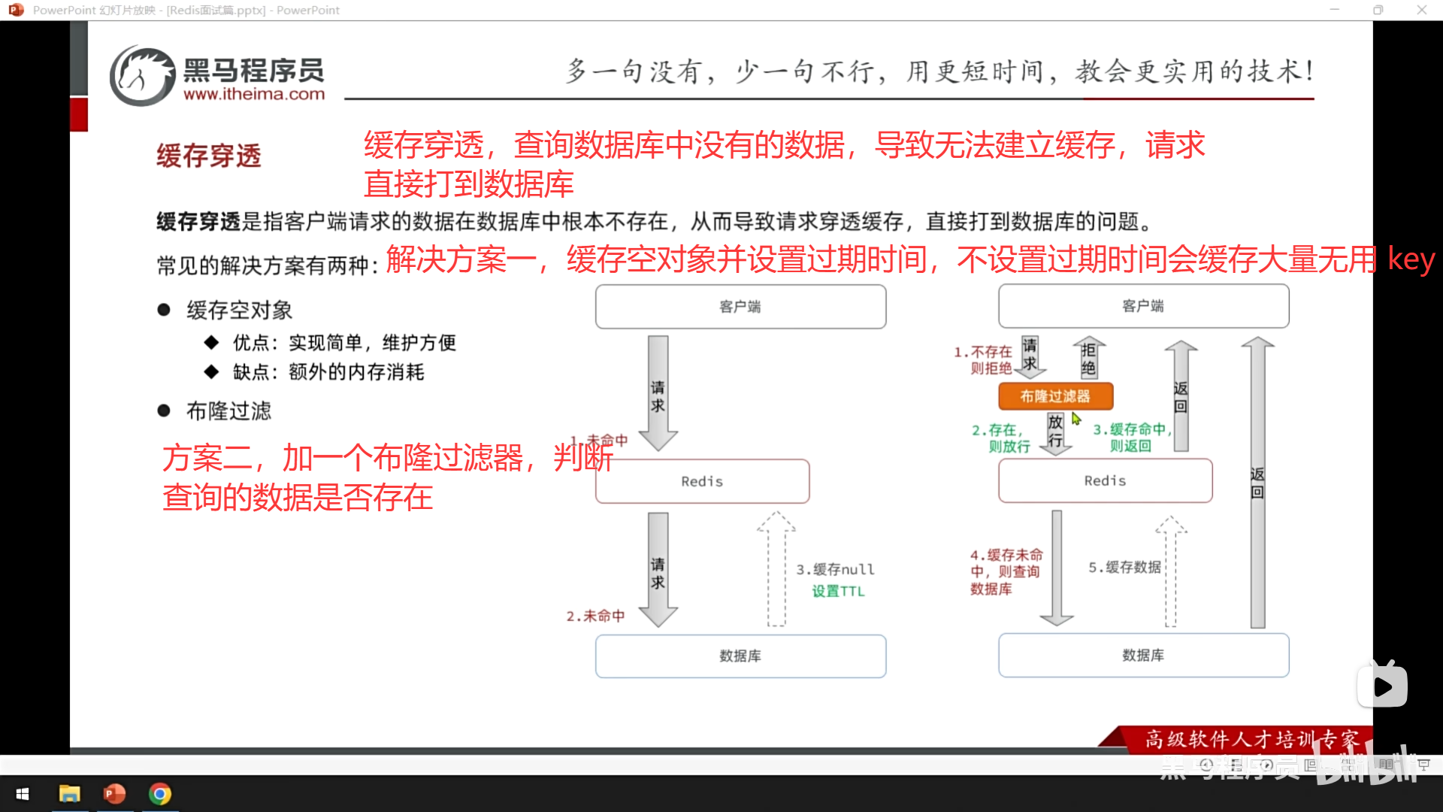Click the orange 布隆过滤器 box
pos(1055,396)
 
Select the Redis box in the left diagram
pos(702,481)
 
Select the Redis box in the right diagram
pos(1105,480)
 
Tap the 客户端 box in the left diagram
pos(740,307)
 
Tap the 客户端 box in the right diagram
pos(1143,306)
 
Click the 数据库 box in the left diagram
pos(740,656)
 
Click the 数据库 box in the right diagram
pos(1143,655)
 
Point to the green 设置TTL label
pos(838,591)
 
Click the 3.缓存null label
pos(835,569)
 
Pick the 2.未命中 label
pos(595,616)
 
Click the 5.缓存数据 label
pos(1124,567)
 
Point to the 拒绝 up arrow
pos(1088,358)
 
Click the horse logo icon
pos(142,76)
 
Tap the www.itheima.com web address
pos(254,95)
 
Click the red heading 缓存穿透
pos(209,156)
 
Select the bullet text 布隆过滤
pos(229,411)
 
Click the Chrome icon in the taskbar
pos(160,794)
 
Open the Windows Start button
pos(23,794)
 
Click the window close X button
pos(1421,10)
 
